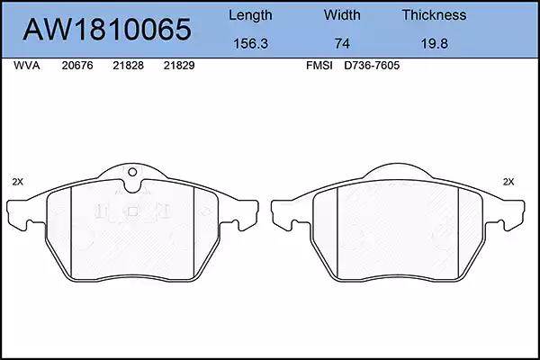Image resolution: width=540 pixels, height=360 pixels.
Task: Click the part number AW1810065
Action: coord(107,30)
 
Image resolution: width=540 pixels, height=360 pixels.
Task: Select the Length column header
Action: coord(250,15)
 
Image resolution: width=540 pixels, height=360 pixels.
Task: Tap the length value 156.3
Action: coord(250,43)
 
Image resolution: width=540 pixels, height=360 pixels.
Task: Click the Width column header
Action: coord(342,14)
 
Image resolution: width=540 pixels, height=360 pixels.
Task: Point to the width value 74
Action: coord(342,43)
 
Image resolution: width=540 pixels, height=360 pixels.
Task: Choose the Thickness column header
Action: coord(434,14)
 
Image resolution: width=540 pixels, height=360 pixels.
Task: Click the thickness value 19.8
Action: coord(435,43)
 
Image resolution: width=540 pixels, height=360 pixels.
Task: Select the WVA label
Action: coord(26,66)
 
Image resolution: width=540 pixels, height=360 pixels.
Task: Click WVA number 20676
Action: coord(77,66)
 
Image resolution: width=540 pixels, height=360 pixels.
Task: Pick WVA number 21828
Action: coord(128,66)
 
